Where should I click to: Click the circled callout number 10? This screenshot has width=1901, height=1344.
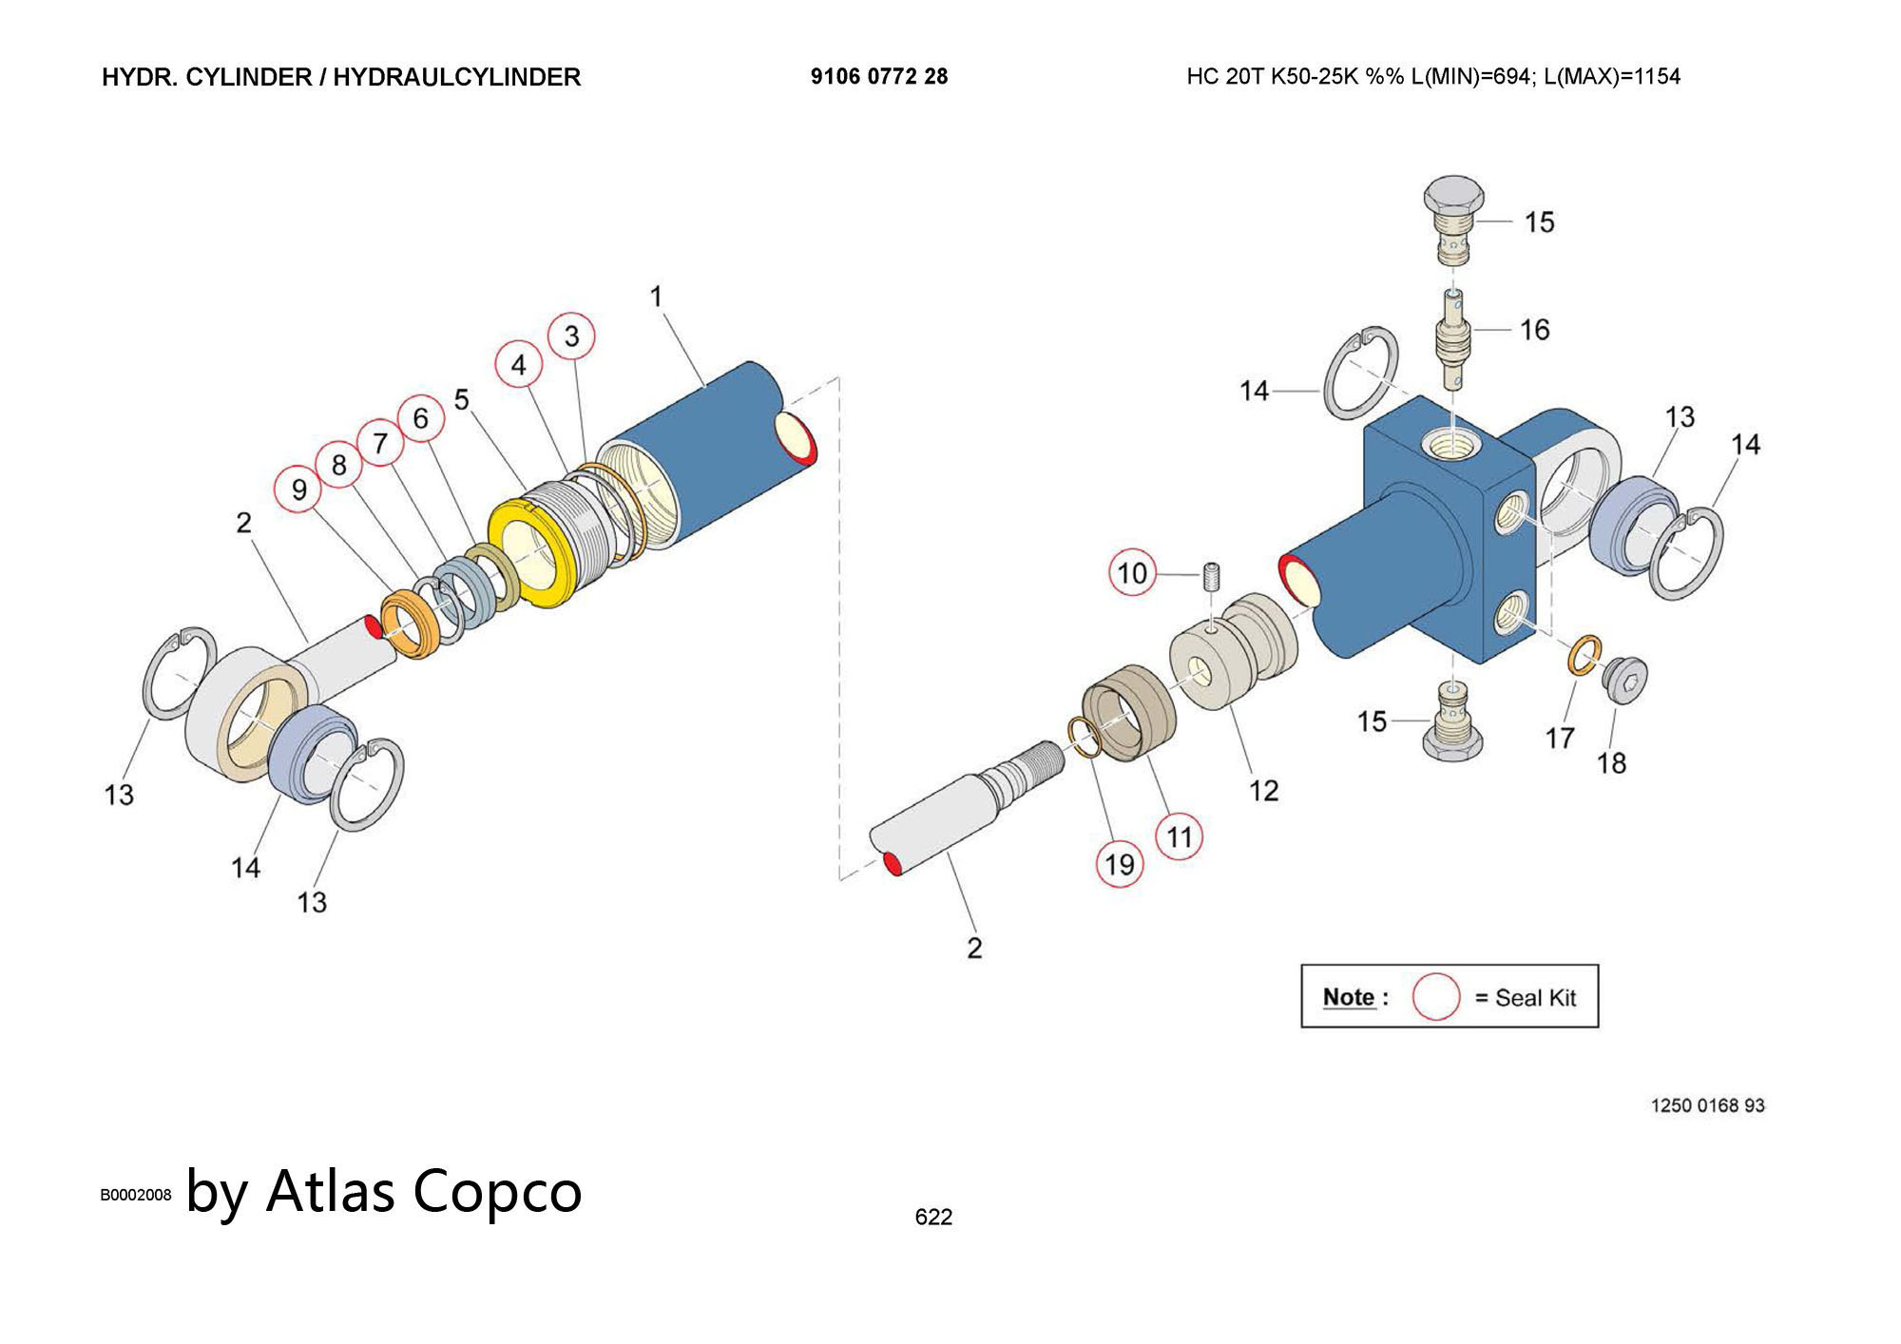[1132, 573]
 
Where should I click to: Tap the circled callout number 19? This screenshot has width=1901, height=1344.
[1119, 864]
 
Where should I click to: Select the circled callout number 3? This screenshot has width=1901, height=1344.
[571, 336]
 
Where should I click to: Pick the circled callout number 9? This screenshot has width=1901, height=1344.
[298, 490]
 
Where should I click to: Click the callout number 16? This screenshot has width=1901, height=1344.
[1534, 330]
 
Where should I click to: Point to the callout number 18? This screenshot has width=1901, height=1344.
[1611, 762]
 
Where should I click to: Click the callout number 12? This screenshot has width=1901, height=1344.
[1263, 791]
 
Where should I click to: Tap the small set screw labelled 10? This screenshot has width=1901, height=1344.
[1212, 577]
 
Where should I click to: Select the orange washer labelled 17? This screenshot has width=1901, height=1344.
[1584, 655]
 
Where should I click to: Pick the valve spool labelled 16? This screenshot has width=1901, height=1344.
[1452, 340]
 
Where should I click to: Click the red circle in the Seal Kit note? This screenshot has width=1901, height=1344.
[1435, 997]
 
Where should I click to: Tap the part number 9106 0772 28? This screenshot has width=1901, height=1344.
[879, 77]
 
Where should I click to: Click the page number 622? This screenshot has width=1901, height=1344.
[933, 1217]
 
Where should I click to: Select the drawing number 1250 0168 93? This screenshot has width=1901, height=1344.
[1707, 1105]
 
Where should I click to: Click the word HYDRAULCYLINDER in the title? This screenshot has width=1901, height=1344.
[456, 77]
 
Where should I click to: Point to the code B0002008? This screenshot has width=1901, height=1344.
[136, 1195]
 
